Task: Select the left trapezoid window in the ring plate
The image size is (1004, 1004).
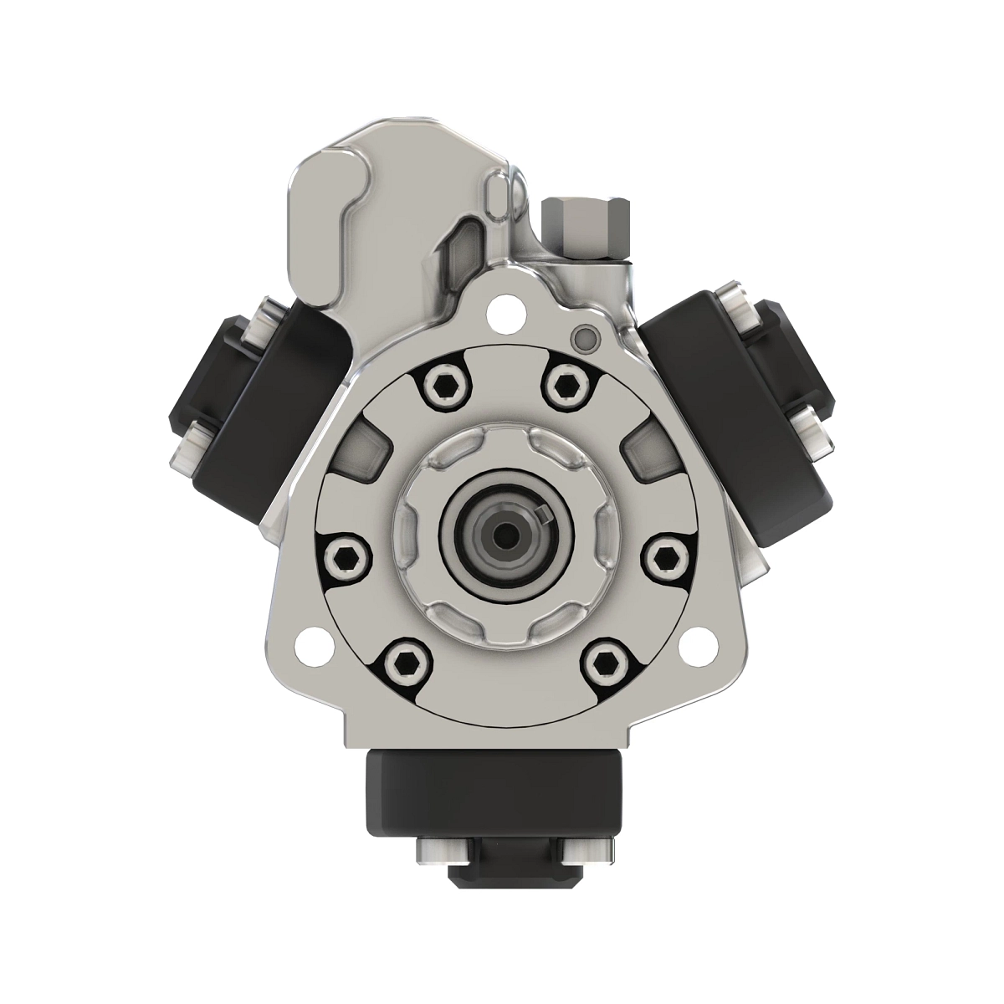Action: pos(362,452)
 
